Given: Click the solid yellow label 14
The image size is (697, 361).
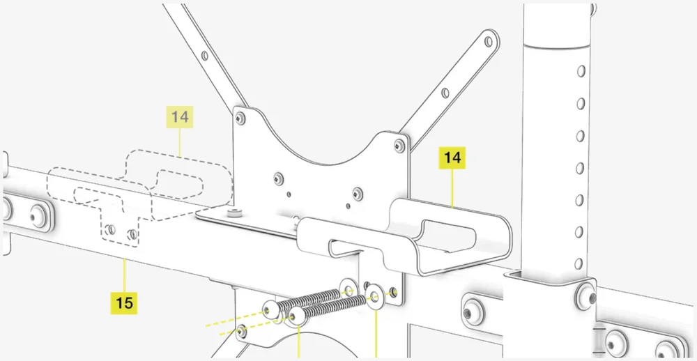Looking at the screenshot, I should [452, 158].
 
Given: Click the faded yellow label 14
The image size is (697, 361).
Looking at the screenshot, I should [180, 117].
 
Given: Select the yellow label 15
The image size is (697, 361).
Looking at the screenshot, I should [124, 303].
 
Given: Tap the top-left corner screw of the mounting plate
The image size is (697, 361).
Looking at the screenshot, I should [241, 118].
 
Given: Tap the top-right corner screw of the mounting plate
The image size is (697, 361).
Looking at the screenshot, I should [399, 145].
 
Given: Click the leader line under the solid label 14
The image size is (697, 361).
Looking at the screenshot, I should [453, 188].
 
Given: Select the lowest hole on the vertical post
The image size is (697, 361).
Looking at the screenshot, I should [579, 263].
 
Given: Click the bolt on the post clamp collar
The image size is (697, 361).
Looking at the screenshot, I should [583, 296].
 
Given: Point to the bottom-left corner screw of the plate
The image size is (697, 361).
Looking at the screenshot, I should [241, 330].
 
